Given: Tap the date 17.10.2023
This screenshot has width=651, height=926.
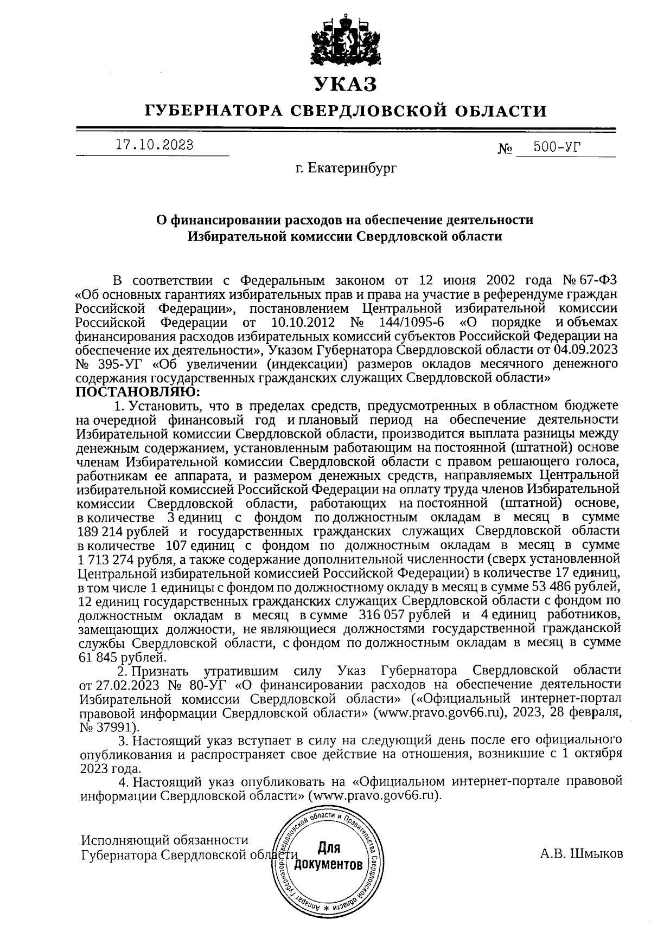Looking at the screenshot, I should click(x=155, y=145).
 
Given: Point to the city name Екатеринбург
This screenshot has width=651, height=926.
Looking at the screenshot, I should click(x=352, y=169).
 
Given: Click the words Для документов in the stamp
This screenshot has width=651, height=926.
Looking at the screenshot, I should click(x=328, y=855).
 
